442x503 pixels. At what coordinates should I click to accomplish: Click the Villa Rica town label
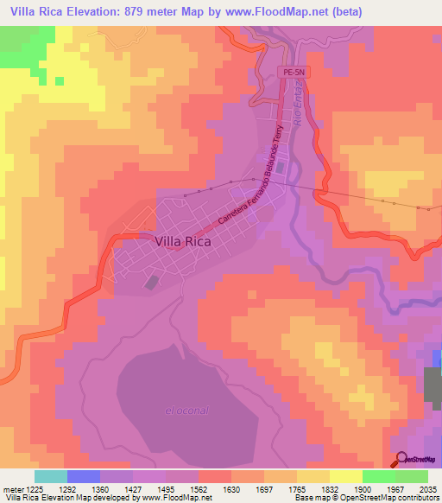tap(184, 243)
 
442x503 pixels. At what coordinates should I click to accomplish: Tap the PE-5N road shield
tap(293, 73)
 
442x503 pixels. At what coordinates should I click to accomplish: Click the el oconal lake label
tap(187, 410)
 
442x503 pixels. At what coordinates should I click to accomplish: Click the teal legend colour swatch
tap(50, 476)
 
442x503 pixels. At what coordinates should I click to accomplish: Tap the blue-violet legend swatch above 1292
tap(84, 476)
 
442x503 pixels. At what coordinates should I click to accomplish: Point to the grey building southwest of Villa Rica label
tap(153, 282)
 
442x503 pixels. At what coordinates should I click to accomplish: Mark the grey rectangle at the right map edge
tap(433, 382)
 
